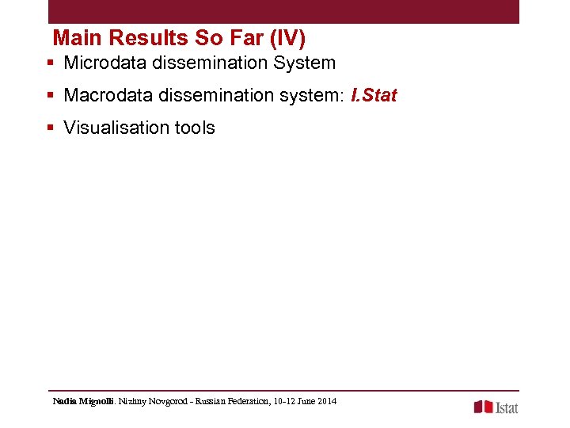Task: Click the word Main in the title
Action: point(78,38)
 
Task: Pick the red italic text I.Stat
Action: point(374,96)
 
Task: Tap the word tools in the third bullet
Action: point(195,128)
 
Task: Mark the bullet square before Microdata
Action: point(50,63)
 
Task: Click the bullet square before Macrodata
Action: point(50,96)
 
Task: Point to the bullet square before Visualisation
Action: point(50,128)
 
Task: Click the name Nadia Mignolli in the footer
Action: point(83,402)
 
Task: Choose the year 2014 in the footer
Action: point(326,402)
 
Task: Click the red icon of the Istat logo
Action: point(483,407)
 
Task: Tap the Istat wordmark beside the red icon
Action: point(507,407)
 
